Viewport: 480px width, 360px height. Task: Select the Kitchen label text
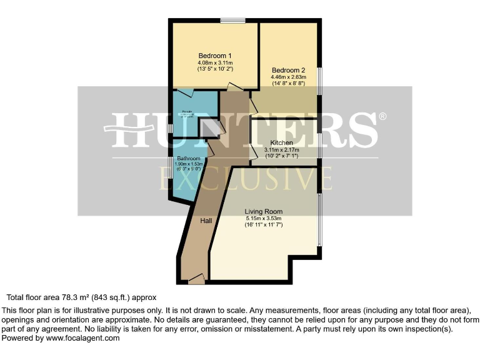coord(281,142)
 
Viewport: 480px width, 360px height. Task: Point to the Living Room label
coord(263,211)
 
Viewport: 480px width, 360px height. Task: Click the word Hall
coord(206,221)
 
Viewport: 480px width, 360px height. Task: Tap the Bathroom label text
coord(187,159)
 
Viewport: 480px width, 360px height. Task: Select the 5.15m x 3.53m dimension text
coord(263,219)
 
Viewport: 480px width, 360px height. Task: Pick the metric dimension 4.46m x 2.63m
coord(288,77)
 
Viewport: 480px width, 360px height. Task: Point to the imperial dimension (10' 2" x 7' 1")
coord(281,156)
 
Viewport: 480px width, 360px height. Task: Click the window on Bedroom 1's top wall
coord(231,21)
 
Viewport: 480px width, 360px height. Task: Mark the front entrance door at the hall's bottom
coord(196,279)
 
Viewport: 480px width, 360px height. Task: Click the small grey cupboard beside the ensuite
coord(208,127)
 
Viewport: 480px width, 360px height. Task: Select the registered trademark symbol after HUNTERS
coord(382,117)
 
